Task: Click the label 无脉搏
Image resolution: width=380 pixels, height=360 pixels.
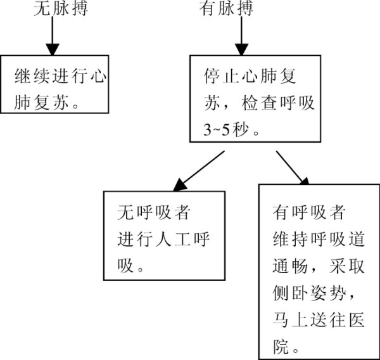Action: point(61,8)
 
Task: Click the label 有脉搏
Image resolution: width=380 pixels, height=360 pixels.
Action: point(226,8)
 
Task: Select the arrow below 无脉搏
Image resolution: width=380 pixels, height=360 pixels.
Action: point(53,36)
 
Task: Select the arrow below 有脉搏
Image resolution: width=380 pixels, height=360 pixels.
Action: point(241,36)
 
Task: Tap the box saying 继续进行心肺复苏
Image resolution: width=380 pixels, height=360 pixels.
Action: point(54,84)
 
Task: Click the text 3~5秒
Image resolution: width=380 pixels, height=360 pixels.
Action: point(226,129)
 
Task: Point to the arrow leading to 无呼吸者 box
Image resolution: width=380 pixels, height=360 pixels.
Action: point(199,171)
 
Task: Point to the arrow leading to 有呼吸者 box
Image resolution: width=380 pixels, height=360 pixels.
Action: point(293,168)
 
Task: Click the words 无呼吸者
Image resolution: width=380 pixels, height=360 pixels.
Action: point(153,212)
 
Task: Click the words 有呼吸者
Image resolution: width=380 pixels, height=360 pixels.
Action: point(309,212)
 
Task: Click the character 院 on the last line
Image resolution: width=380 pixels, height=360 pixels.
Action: point(281,347)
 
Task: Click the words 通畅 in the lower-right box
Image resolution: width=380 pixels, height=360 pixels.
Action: point(290,266)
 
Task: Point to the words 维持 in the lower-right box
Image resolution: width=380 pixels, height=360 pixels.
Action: point(290,239)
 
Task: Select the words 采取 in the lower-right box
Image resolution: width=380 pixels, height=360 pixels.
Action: point(347,266)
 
